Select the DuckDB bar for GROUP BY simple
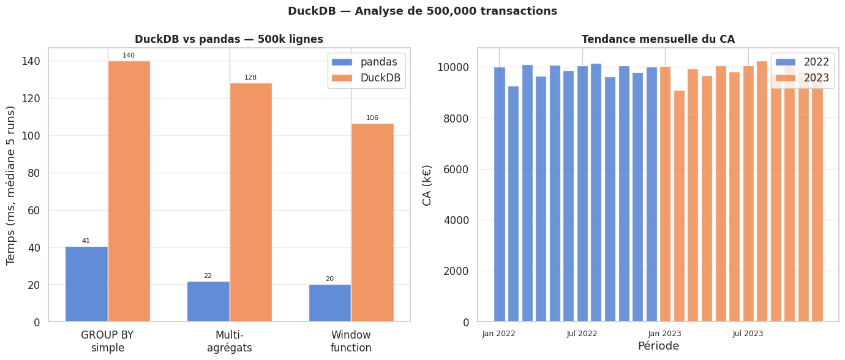pyautogui.click(x=129, y=191)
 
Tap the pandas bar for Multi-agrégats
pyautogui.click(x=208, y=301)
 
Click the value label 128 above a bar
pyautogui.click(x=250, y=78)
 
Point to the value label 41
pyautogui.click(x=86, y=241)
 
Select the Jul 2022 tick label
pyautogui.click(x=582, y=334)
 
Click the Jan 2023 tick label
pyautogui.click(x=665, y=334)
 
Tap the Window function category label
pyautogui.click(x=351, y=342)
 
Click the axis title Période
pyautogui.click(x=658, y=347)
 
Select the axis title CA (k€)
pyautogui.click(x=427, y=185)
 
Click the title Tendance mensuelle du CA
pyautogui.click(x=658, y=39)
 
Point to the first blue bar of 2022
pyautogui.click(x=499, y=194)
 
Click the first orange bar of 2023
pyautogui.click(x=665, y=194)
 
